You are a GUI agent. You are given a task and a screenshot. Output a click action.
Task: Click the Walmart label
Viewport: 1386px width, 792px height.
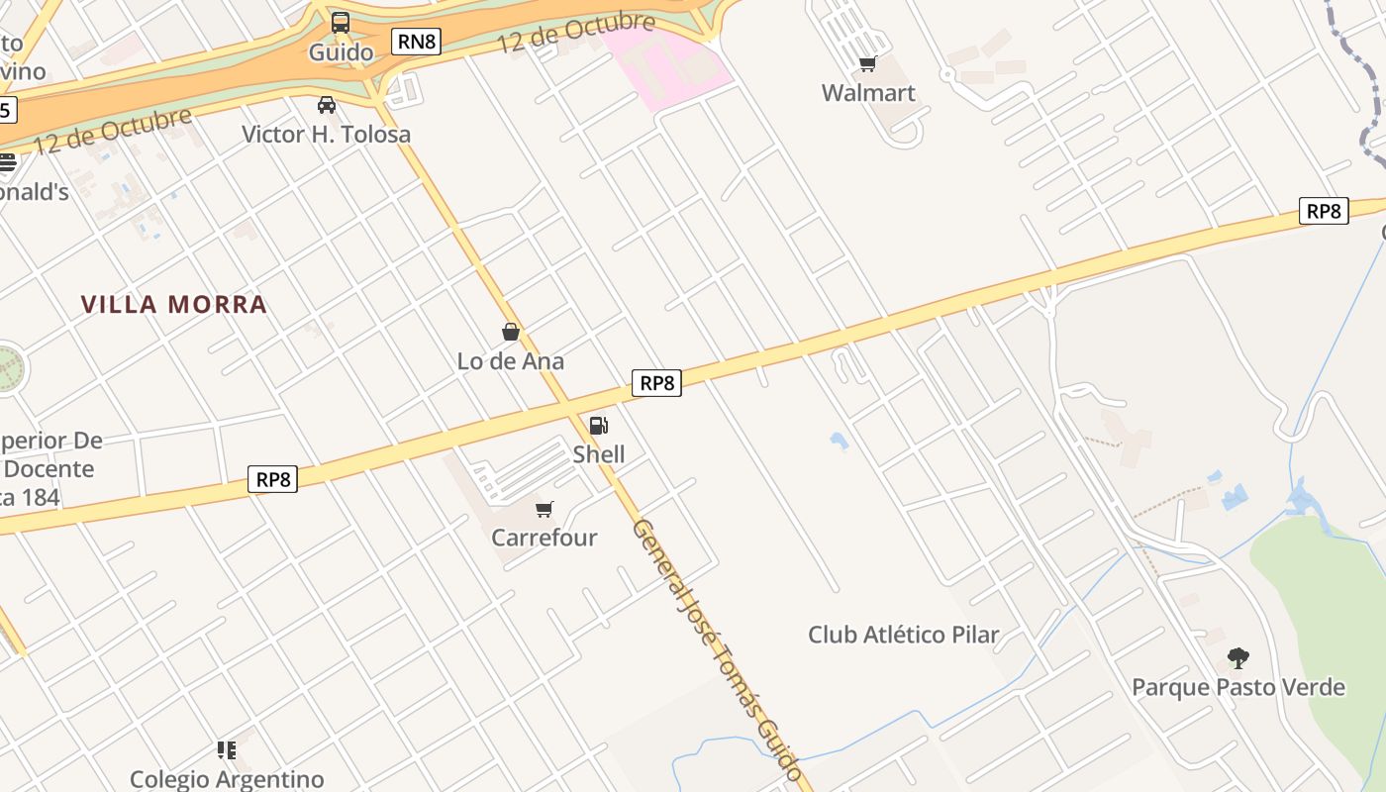coord(868,93)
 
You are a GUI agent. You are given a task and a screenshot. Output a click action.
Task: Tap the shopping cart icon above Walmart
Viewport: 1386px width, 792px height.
coord(868,64)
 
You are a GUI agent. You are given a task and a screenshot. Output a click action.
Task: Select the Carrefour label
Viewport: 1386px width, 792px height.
coord(544,538)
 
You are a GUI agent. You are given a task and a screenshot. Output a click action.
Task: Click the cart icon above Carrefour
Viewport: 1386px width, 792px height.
coord(544,510)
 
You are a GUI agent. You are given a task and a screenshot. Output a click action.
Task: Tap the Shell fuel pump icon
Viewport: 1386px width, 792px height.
coord(598,426)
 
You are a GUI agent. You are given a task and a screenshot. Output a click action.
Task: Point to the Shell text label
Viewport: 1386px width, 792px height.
coord(599,454)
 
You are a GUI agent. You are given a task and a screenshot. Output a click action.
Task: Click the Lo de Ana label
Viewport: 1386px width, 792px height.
coord(511,361)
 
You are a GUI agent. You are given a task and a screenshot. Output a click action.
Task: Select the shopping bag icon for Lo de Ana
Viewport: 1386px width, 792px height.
coord(511,332)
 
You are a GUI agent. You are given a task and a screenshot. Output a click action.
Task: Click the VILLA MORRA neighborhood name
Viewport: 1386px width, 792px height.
coord(174,304)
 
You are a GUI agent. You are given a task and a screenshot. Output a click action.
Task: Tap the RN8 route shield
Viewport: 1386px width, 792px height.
coord(416,41)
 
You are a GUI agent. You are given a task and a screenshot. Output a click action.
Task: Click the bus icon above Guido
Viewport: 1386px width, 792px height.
coord(341,22)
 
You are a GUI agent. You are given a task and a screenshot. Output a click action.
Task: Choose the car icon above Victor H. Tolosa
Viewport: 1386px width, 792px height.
coord(327,105)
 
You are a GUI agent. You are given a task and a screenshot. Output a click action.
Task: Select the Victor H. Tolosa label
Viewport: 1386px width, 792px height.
coord(327,134)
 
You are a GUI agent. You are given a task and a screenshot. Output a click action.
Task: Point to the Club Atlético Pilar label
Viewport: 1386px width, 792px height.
coord(904,635)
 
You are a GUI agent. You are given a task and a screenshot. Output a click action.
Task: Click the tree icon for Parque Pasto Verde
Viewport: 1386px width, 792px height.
coord(1237,658)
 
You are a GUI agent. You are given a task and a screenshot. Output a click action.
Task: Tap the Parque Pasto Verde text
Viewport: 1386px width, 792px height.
coord(1238,687)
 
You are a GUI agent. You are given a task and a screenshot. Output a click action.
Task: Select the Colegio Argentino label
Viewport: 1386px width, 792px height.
coord(227,779)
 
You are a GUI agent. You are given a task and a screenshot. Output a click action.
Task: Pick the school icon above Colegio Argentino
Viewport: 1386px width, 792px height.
coord(227,750)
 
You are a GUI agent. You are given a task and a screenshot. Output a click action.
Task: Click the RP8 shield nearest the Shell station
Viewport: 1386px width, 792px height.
coord(656,383)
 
